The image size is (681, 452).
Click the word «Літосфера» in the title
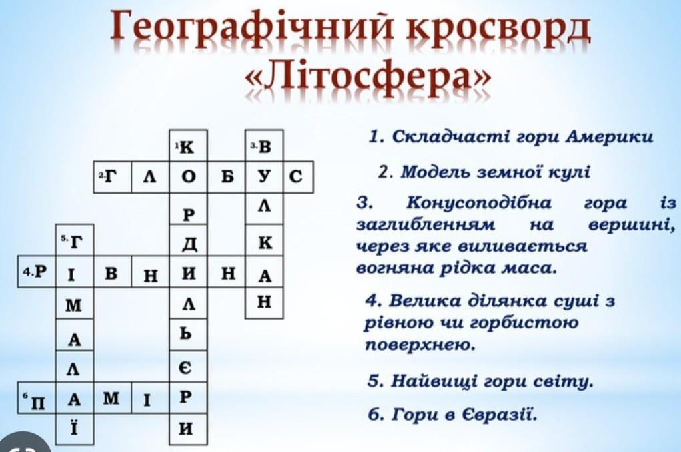368,77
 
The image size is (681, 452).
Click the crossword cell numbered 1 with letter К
188,146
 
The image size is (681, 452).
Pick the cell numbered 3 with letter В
264,146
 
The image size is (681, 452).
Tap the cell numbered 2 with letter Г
113,178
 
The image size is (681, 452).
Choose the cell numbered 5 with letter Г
75,240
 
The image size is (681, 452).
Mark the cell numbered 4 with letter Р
37,272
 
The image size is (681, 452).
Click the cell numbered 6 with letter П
37,398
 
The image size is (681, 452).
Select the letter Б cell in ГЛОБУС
226,178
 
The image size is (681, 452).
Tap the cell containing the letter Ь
188,334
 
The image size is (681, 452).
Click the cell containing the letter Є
188,367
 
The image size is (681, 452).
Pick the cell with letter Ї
75,429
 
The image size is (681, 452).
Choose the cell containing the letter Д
188,240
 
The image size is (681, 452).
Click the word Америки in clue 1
610,136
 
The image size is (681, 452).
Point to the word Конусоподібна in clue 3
479,203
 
